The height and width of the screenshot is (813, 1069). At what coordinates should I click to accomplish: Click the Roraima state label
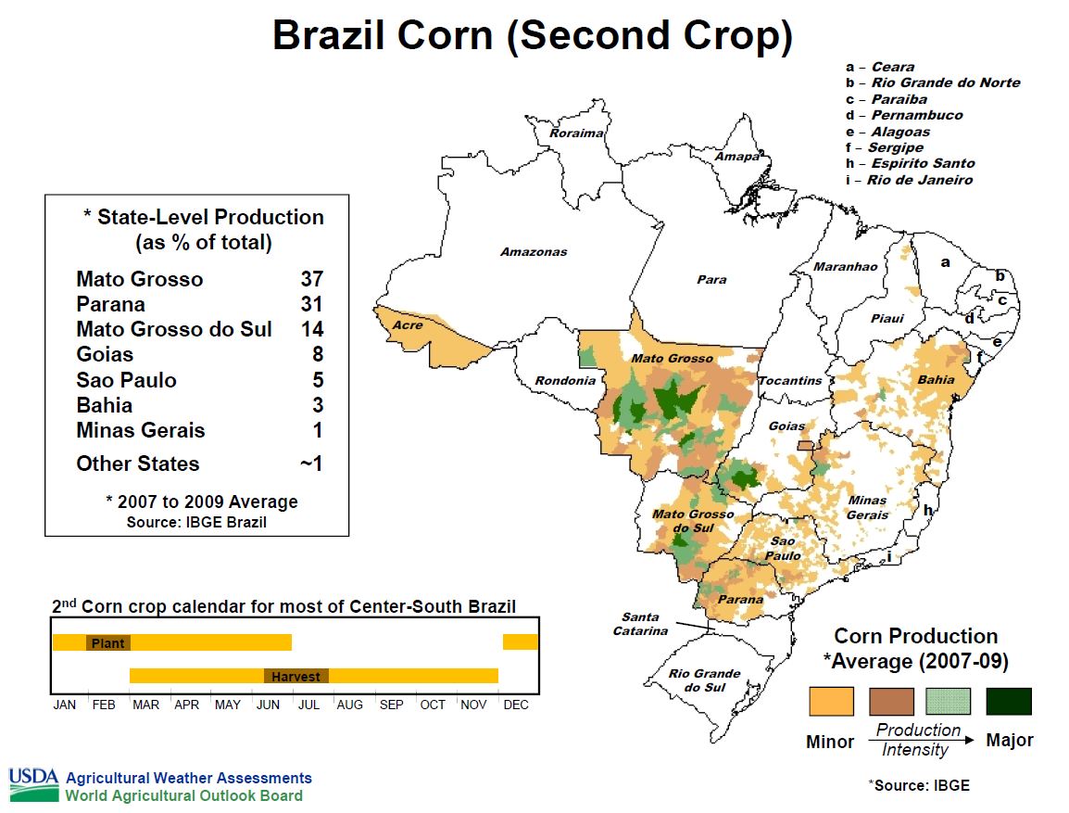click(x=576, y=133)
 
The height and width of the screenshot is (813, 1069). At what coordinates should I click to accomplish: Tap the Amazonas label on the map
click(x=534, y=251)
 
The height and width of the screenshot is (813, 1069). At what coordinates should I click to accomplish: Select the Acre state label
click(x=408, y=325)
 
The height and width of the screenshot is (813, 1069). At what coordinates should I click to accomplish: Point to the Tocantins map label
click(x=791, y=381)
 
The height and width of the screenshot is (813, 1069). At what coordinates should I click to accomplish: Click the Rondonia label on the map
click(x=565, y=381)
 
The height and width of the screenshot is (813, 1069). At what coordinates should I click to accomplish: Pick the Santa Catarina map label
click(x=640, y=624)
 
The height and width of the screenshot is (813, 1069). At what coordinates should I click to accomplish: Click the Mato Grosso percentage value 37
click(x=311, y=279)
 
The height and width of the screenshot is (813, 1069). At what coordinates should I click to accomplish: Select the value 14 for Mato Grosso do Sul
click(x=311, y=329)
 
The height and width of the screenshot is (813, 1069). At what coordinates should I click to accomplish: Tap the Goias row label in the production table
click(x=105, y=355)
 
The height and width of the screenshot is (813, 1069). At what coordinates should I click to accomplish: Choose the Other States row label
click(x=138, y=464)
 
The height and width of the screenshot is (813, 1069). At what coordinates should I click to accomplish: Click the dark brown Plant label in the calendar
click(x=107, y=643)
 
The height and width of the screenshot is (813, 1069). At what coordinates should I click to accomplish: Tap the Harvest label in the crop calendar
click(x=296, y=677)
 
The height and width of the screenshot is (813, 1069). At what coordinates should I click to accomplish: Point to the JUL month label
click(x=308, y=705)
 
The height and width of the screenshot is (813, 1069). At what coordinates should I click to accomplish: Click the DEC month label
click(x=516, y=705)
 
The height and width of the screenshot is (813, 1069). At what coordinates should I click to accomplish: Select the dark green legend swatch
click(x=1009, y=701)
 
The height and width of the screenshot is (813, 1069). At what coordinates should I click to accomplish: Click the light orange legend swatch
click(x=831, y=701)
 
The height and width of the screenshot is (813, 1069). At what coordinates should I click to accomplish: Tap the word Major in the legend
click(x=1010, y=740)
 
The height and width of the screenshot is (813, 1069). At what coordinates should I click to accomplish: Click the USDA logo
click(x=34, y=785)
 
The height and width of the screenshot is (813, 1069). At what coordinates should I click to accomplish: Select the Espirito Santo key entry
click(x=911, y=164)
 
